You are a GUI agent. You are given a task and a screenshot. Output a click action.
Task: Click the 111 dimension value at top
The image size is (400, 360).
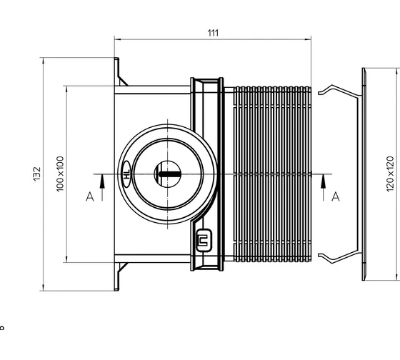coord(213,33)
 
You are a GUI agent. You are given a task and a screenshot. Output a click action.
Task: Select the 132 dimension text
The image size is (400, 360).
coord(37,174)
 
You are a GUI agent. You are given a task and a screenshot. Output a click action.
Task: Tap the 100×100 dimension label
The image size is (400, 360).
coord(60,174)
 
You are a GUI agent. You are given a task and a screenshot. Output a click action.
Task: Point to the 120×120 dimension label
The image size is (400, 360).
coord(390,174)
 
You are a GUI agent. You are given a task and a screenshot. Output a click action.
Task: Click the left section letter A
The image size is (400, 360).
coord(90,196)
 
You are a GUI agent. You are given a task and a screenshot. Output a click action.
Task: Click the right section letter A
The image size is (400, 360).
coord(336,196)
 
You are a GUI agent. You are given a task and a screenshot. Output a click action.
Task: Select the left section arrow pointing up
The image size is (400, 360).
coord(102,187)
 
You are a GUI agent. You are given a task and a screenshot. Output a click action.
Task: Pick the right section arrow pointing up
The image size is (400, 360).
coord(323,187)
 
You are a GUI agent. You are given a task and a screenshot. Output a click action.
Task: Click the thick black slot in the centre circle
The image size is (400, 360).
coord(170,174)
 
